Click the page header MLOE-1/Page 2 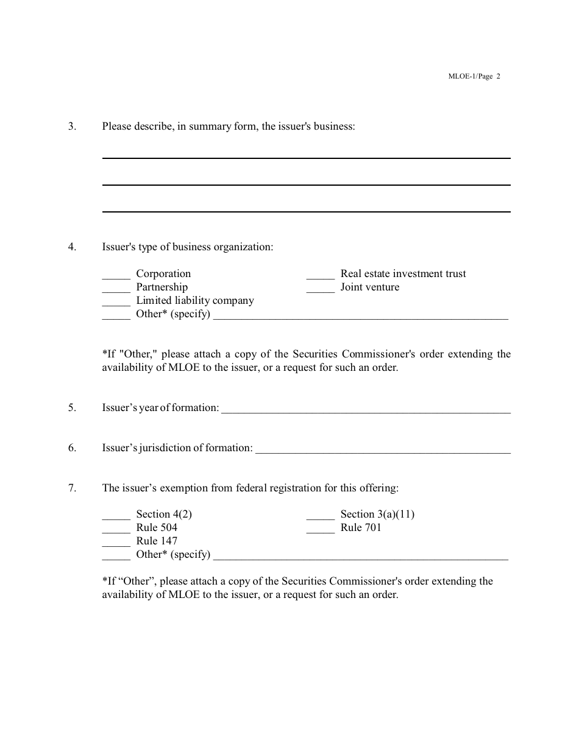pos(474,77)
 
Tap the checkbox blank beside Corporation pos(116,275)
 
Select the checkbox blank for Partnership pos(116,289)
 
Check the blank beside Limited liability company pos(116,302)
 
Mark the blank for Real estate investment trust pos(320,275)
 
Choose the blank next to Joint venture pos(320,289)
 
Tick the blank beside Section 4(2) pos(116,515)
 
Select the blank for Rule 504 pos(116,529)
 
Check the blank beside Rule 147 pos(116,542)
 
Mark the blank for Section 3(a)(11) pos(320,515)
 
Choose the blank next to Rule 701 pos(320,529)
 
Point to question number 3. pos(72,127)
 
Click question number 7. pos(72,488)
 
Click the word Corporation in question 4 pos(163,274)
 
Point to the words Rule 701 pos(361,527)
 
